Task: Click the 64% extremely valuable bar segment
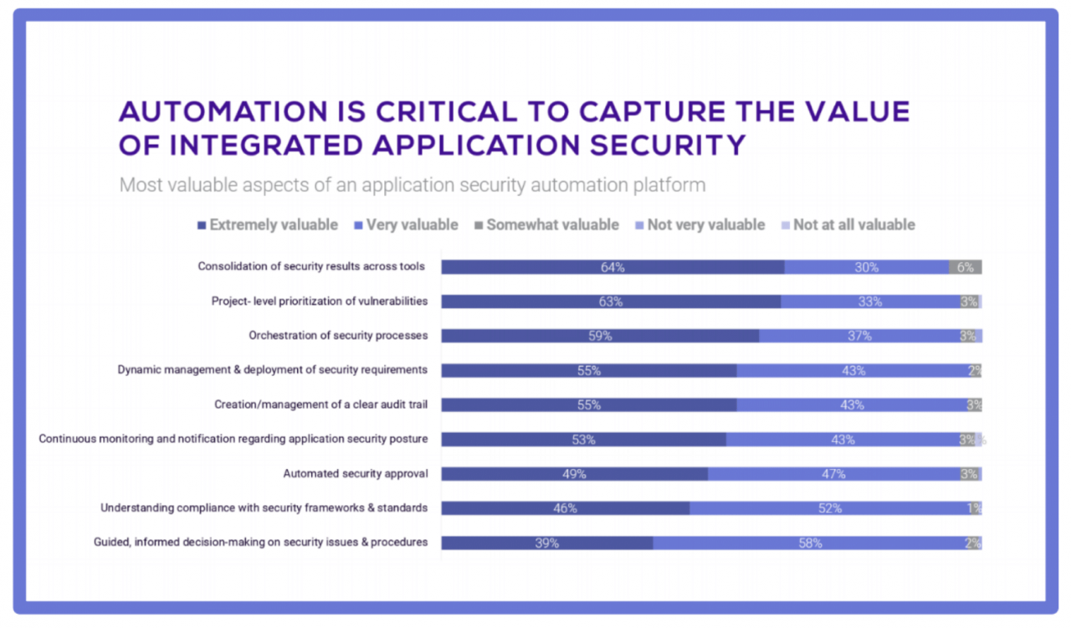(x=612, y=267)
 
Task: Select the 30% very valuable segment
(x=866, y=267)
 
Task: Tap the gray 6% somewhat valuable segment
(x=965, y=267)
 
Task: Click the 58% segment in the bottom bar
(x=809, y=543)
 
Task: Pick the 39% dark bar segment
(x=546, y=543)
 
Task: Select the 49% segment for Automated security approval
(x=574, y=474)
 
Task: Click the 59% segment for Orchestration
(x=600, y=336)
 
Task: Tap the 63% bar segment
(x=611, y=301)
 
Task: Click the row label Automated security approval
(x=355, y=474)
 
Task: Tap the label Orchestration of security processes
(x=338, y=336)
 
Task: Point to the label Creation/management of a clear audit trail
(x=320, y=404)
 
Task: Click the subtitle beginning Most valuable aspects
(x=412, y=184)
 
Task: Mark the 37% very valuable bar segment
(x=859, y=336)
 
